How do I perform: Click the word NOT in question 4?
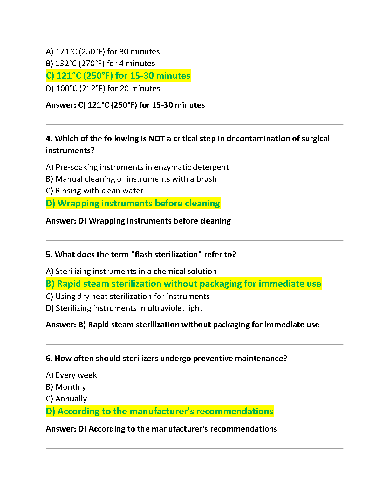coord(157,139)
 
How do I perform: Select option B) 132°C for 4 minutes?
coord(100,64)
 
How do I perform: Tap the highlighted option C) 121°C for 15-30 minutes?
coord(118,76)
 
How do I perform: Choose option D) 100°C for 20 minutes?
coord(103,89)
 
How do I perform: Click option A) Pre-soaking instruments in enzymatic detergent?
coord(137,167)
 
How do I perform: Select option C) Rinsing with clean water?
coord(94,191)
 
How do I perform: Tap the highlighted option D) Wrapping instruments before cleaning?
coord(133,204)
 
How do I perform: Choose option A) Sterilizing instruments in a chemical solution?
coord(131,272)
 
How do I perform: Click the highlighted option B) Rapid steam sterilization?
coord(183,284)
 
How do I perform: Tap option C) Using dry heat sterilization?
coord(128,297)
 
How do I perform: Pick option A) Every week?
coord(71,375)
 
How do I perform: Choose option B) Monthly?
coord(66,387)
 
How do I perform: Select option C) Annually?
coord(66,399)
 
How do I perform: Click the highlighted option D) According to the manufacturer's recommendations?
coord(159,412)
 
